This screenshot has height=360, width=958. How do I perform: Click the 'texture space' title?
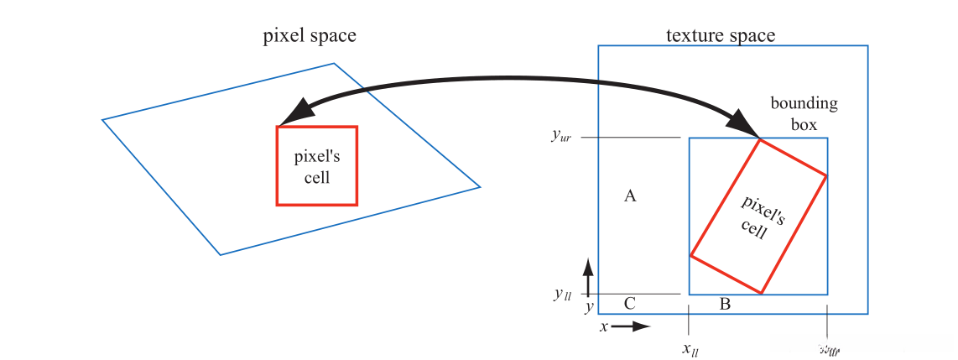pyautogui.click(x=720, y=35)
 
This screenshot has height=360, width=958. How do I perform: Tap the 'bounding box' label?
pyautogui.click(x=804, y=113)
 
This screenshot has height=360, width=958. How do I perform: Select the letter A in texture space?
pyautogui.click(x=631, y=196)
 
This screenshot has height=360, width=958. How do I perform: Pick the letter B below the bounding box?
pyautogui.click(x=725, y=304)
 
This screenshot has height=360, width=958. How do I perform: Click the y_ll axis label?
pyautogui.click(x=562, y=294)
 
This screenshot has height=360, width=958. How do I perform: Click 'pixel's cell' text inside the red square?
pyautogui.click(x=316, y=166)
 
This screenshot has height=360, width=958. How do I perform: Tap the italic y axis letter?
pyautogui.click(x=589, y=307)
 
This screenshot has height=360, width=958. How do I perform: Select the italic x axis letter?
pyautogui.click(x=603, y=327)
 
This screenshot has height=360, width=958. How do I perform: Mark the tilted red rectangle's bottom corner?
pyautogui.click(x=762, y=293)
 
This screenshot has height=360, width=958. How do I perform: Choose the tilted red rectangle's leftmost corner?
pyautogui.click(x=690, y=255)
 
